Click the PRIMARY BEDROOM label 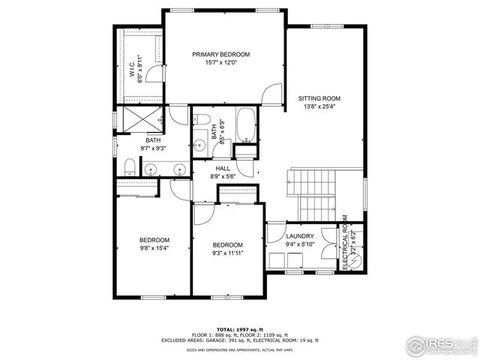[x=220, y=55]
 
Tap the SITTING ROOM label [x=319, y=98]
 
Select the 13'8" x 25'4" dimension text [x=319, y=107]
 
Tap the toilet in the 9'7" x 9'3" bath [x=128, y=166]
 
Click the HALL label [x=223, y=169]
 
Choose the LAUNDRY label [x=300, y=236]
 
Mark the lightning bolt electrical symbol [x=353, y=259]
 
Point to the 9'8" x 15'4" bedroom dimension [x=154, y=248]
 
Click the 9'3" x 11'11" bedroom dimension [x=227, y=253]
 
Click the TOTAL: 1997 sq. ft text [x=239, y=329]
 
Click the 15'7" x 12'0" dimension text [x=220, y=64]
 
